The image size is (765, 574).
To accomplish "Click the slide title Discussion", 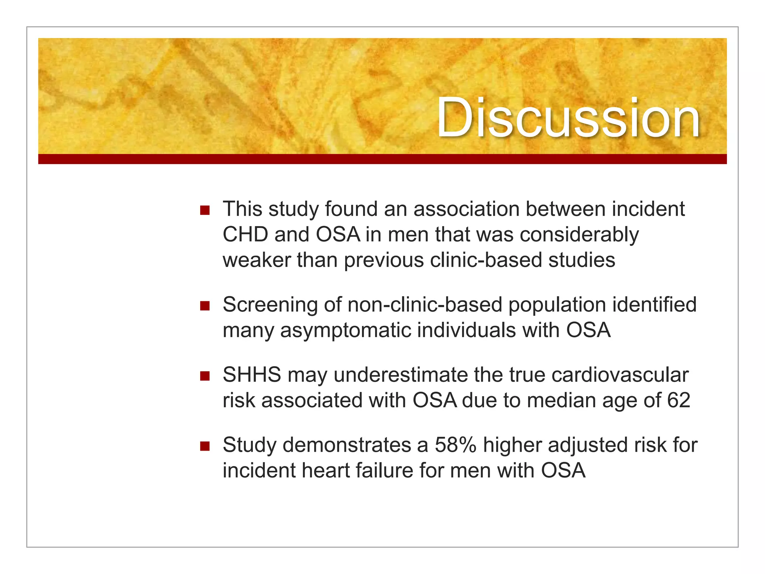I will [568, 118].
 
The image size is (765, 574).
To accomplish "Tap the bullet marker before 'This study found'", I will [205, 210].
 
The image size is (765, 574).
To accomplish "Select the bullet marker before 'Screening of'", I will [205, 306].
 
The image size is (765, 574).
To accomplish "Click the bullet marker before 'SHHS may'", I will [205, 376].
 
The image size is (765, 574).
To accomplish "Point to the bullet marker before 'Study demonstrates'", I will [205, 446].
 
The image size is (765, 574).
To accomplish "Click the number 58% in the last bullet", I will [455, 445].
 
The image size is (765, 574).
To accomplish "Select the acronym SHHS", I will [252, 375].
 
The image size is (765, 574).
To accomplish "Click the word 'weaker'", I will [256, 260].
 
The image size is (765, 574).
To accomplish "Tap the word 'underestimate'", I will [400, 375].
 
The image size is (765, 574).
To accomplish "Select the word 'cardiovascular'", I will [620, 375].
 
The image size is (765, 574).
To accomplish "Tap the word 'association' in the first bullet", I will [466, 209].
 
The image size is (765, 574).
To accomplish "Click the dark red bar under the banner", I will [382, 159].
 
